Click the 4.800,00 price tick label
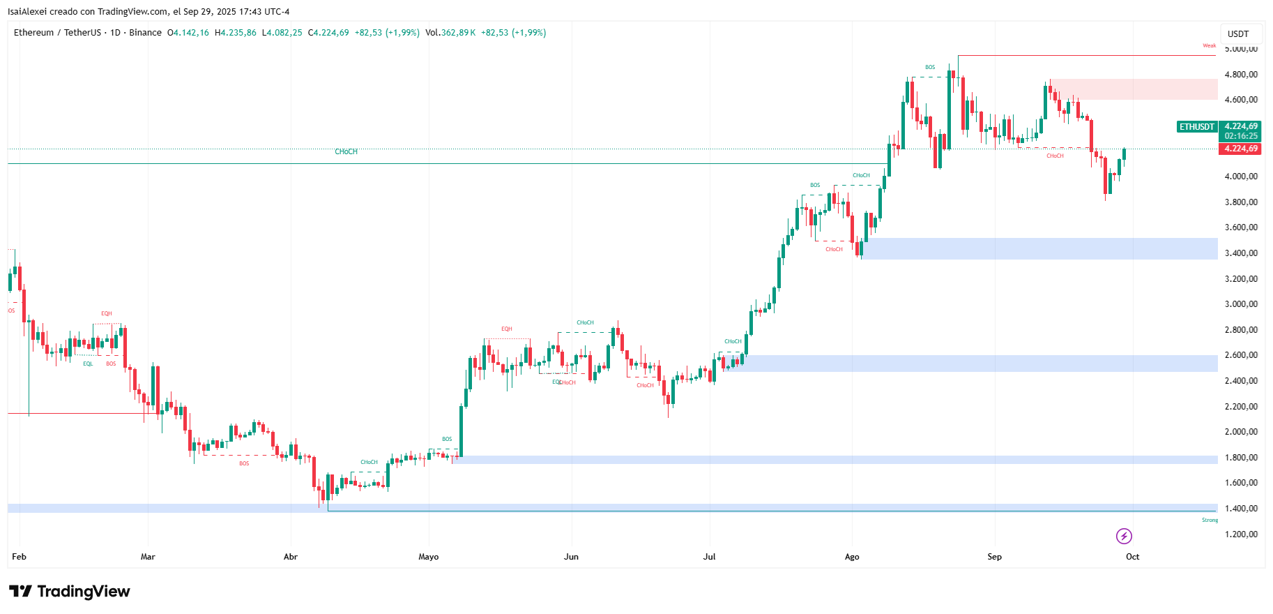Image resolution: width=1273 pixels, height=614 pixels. click(x=1241, y=75)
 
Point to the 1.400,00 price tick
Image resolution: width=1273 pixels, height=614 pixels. click(x=1241, y=509)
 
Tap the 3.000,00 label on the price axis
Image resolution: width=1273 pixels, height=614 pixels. click(x=1241, y=304)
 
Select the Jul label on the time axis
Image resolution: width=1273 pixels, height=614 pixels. click(x=709, y=557)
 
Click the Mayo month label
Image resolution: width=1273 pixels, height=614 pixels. click(x=428, y=557)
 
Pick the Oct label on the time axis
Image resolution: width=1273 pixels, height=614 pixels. click(x=1132, y=557)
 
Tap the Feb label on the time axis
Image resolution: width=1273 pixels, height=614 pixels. click(x=19, y=557)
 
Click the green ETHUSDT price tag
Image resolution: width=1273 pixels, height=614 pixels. click(x=1196, y=127)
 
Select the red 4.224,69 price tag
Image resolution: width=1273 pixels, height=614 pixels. click(x=1241, y=149)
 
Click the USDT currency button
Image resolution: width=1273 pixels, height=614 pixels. click(x=1238, y=33)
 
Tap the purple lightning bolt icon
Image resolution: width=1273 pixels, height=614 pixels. click(x=1124, y=536)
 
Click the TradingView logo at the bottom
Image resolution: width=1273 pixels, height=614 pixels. click(x=70, y=592)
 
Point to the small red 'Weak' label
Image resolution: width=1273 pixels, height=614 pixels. click(x=1209, y=46)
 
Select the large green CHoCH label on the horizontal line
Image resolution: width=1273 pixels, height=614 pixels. click(x=346, y=151)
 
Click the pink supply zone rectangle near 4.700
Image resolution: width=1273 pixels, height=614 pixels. click(x=1133, y=89)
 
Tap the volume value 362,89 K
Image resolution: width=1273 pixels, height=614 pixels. click(x=458, y=33)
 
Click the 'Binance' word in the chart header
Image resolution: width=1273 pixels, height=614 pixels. click(x=145, y=33)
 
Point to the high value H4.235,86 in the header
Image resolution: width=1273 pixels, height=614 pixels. click(x=236, y=33)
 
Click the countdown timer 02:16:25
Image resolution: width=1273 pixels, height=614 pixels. click(x=1241, y=136)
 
